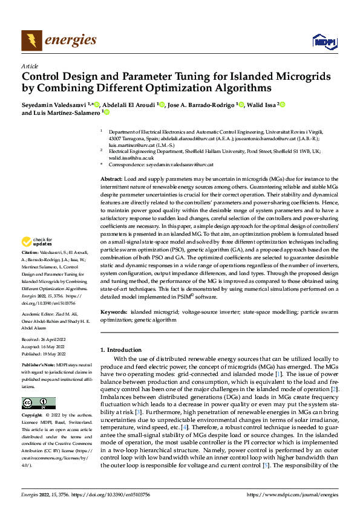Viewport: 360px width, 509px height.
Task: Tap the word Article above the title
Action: tap(30, 66)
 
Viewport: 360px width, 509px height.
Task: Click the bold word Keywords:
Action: tap(114, 313)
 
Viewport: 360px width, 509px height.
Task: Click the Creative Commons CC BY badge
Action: tap(38, 403)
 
